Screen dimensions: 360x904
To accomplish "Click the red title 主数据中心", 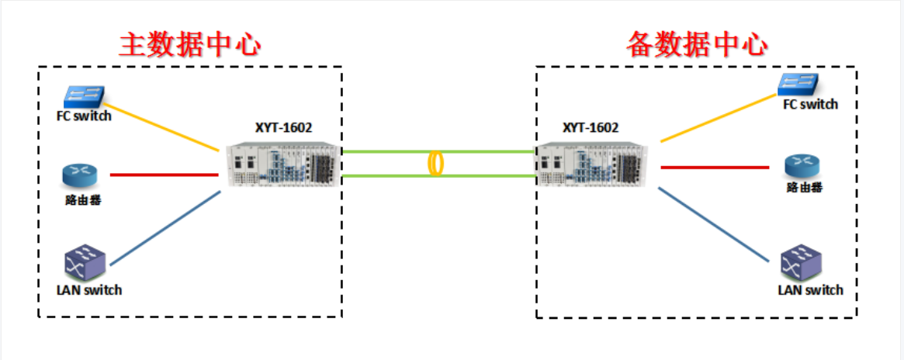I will tap(189, 44).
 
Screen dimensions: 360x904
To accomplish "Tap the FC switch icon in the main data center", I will tap(84, 96).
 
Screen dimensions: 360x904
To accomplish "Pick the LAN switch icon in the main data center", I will tap(83, 263).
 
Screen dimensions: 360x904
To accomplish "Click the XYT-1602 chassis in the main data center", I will tap(284, 165).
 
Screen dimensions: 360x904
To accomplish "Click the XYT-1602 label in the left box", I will tap(283, 128).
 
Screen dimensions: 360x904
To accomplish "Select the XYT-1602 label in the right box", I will tap(591, 128).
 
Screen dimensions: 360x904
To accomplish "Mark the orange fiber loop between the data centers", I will tap(437, 164).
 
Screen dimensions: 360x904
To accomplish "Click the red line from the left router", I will tap(164, 175).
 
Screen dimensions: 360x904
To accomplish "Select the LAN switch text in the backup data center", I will tap(810, 290).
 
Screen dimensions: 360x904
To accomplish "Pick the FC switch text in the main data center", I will tap(84, 116).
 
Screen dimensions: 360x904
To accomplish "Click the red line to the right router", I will tap(715, 167).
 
